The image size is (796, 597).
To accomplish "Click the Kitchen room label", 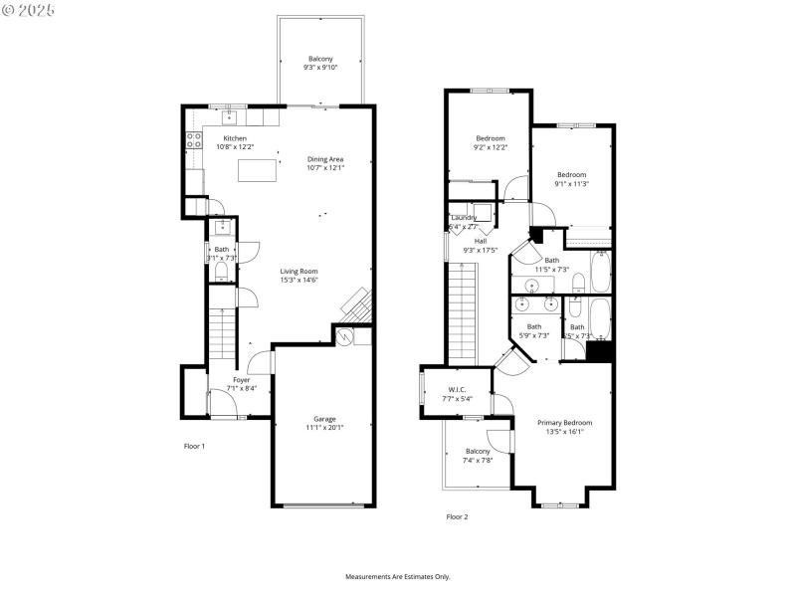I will (x=235, y=138).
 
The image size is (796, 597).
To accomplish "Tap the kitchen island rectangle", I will (x=256, y=171).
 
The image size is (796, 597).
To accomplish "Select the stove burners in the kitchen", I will (x=192, y=140).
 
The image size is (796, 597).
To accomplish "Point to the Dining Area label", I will (x=325, y=159).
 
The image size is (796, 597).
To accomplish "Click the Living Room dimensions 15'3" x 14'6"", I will (x=298, y=280).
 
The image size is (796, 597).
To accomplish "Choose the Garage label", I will (x=324, y=419).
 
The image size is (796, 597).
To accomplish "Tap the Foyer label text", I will (x=242, y=379).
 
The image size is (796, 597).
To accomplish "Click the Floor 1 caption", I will (x=194, y=446).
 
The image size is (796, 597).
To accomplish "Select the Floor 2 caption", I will (x=457, y=516).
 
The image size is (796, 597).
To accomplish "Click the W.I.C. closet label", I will (x=458, y=389).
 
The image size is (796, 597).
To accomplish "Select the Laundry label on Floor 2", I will (x=465, y=218).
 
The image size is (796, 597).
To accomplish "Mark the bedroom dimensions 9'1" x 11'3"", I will (x=571, y=183).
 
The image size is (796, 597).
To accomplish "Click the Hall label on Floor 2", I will (x=480, y=241).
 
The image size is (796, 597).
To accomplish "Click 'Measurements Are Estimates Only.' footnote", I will (x=397, y=577).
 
